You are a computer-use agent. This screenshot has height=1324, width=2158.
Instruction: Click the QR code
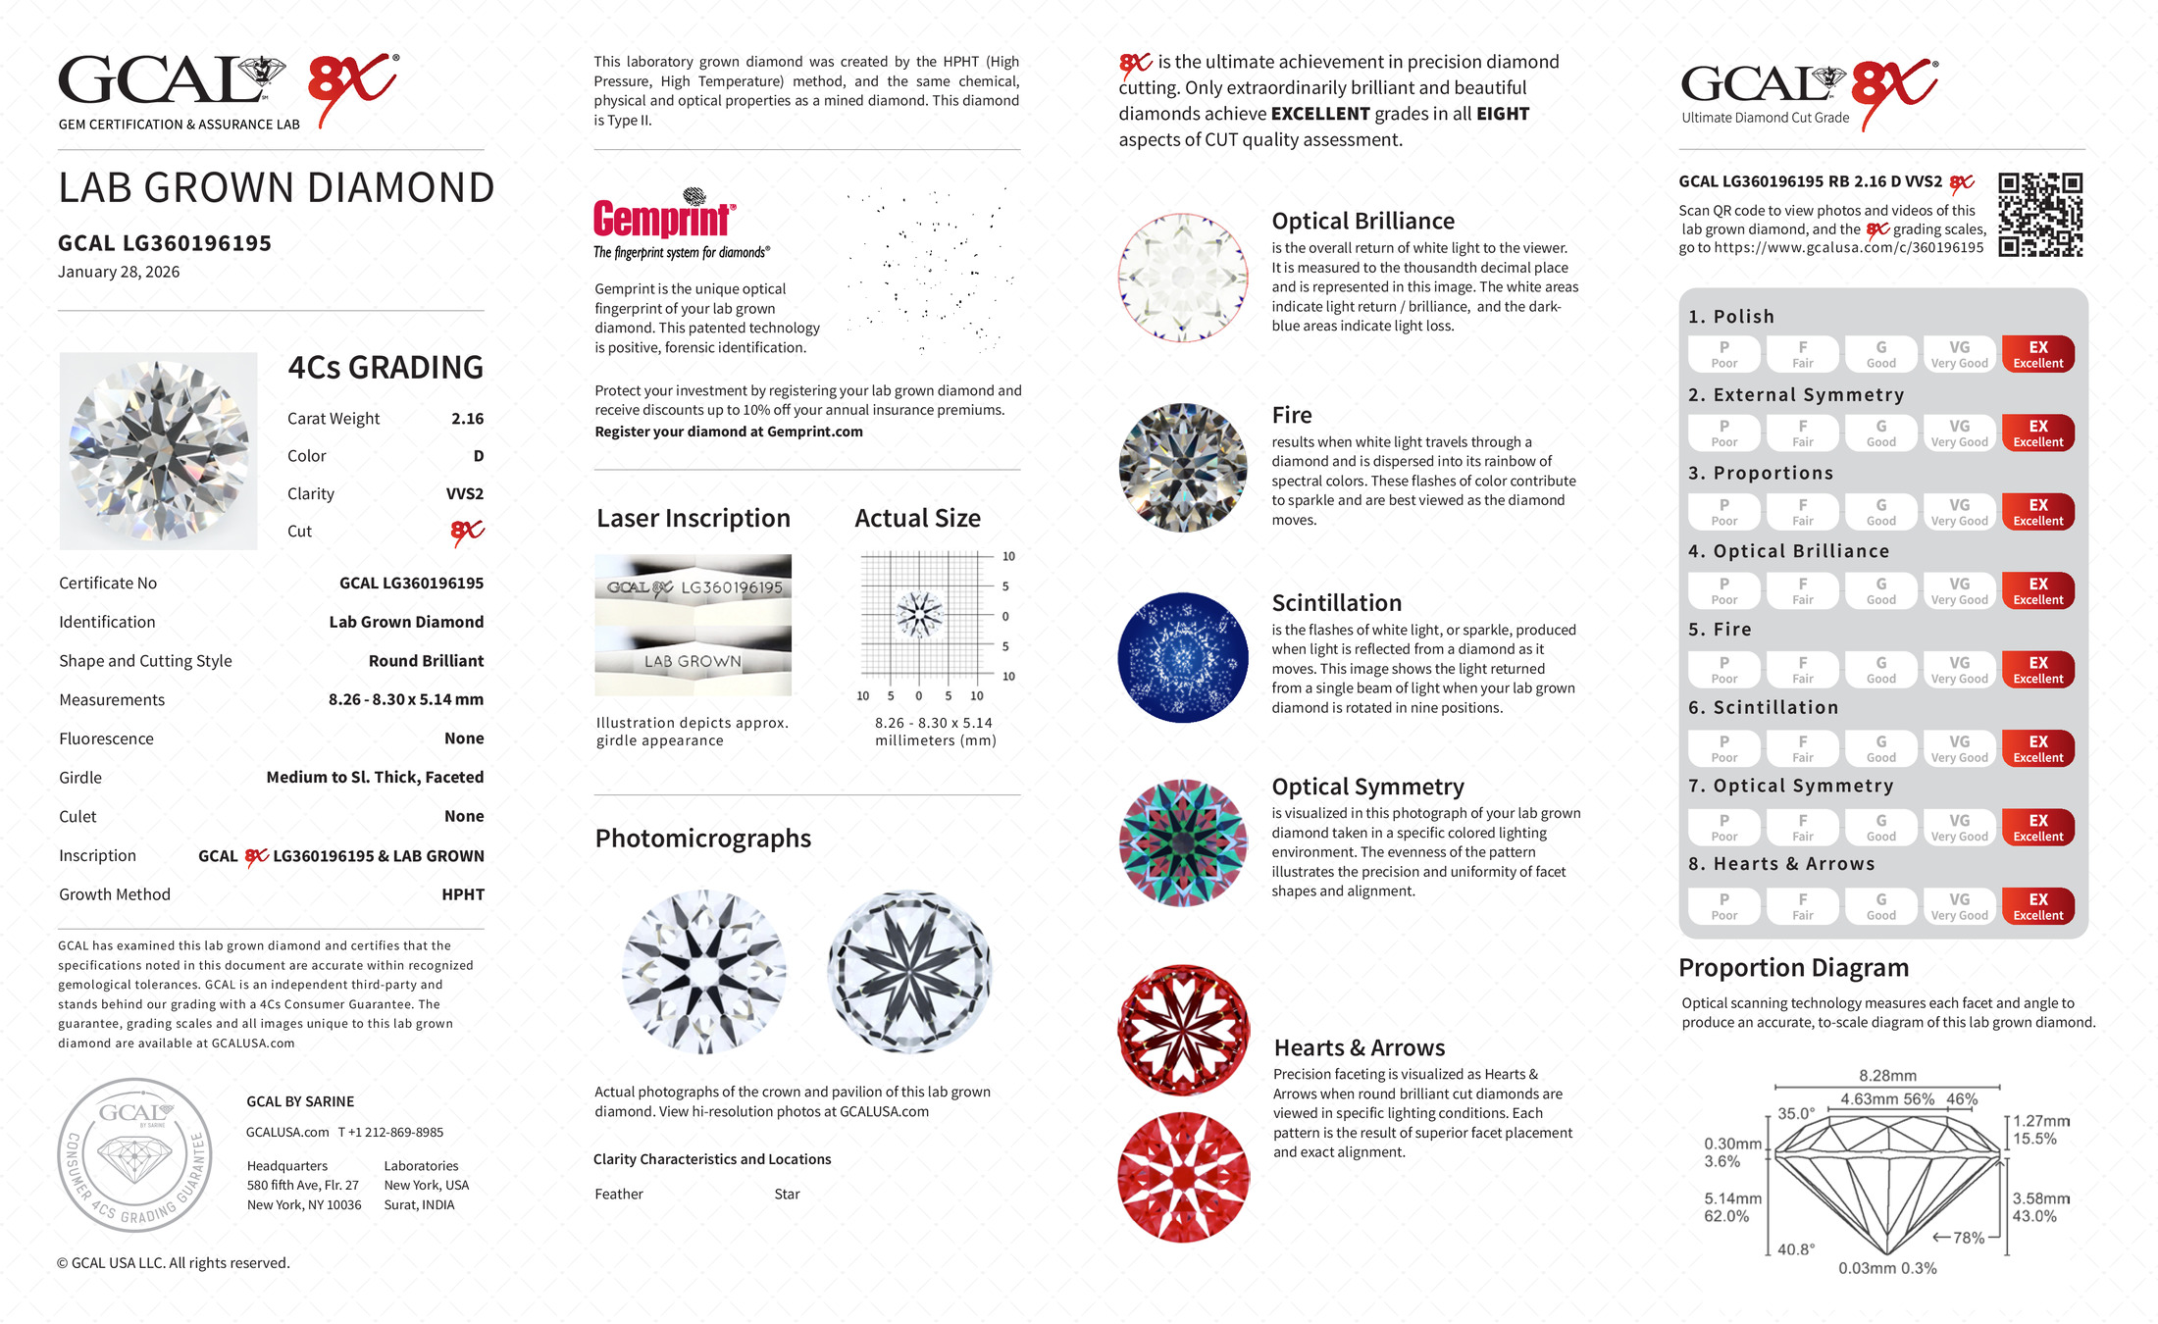point(2039,215)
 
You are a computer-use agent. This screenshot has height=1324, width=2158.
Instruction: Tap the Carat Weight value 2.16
point(467,419)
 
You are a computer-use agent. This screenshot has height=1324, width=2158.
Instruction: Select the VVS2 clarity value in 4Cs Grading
point(464,494)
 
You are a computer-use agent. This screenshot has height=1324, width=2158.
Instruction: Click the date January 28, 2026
point(119,272)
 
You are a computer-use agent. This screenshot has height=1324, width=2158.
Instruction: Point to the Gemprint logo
point(664,219)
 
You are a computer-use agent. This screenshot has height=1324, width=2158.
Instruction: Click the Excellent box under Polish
point(2037,354)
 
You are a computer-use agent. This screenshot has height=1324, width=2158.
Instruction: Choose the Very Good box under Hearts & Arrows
point(1959,906)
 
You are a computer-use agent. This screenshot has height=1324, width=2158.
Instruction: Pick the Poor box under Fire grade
point(1723,670)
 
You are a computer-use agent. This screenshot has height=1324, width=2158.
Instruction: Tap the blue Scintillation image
point(1183,657)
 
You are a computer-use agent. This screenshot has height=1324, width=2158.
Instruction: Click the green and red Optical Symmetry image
point(1183,842)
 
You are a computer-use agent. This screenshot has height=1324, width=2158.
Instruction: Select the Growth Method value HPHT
point(463,894)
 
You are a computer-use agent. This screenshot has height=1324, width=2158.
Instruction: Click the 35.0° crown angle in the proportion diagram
point(1796,1114)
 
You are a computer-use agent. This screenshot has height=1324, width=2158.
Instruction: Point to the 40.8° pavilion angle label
point(1796,1249)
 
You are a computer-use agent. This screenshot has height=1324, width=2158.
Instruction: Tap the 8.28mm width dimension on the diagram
point(1887,1076)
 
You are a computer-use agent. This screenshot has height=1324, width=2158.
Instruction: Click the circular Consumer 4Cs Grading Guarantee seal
point(134,1155)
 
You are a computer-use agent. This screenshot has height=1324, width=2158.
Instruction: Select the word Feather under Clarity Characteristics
point(619,1195)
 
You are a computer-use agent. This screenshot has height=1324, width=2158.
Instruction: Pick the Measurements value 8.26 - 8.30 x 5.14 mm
point(405,700)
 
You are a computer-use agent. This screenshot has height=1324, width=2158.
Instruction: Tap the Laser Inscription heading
point(694,519)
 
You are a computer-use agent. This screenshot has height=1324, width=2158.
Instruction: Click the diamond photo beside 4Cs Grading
point(158,451)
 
